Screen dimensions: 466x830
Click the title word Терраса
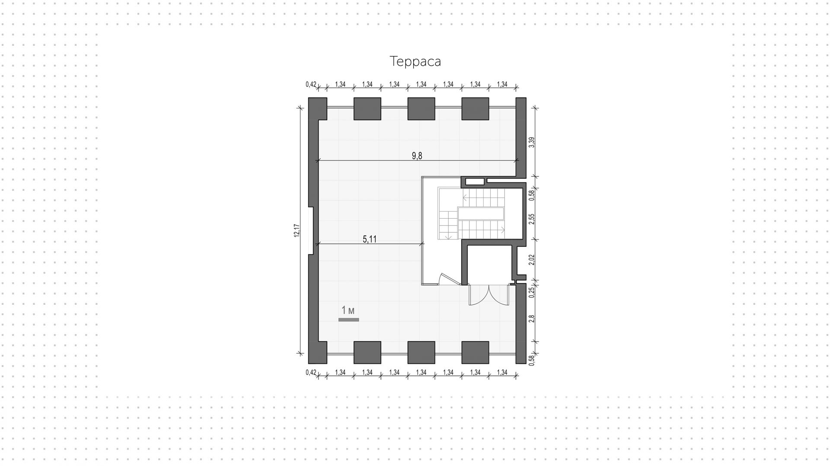click(415, 61)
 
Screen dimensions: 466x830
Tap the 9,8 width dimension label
click(417, 156)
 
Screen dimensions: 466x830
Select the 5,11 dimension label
click(369, 239)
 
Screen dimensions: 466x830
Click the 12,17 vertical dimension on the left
click(297, 230)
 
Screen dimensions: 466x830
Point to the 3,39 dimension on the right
click(532, 142)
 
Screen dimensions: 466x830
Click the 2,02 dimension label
click(532, 259)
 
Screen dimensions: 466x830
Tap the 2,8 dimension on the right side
click(532, 318)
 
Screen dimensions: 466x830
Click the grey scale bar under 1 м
click(348, 320)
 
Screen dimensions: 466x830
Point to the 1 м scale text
click(348, 310)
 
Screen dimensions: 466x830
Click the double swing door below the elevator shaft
click(488, 295)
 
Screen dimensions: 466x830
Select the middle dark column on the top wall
click(421, 109)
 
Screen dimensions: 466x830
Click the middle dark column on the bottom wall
click(421, 352)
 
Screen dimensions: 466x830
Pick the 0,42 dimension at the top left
click(311, 84)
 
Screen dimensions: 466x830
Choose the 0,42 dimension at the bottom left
click(311, 372)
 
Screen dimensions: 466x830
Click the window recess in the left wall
click(311, 230)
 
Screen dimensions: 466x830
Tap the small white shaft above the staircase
click(474, 181)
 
